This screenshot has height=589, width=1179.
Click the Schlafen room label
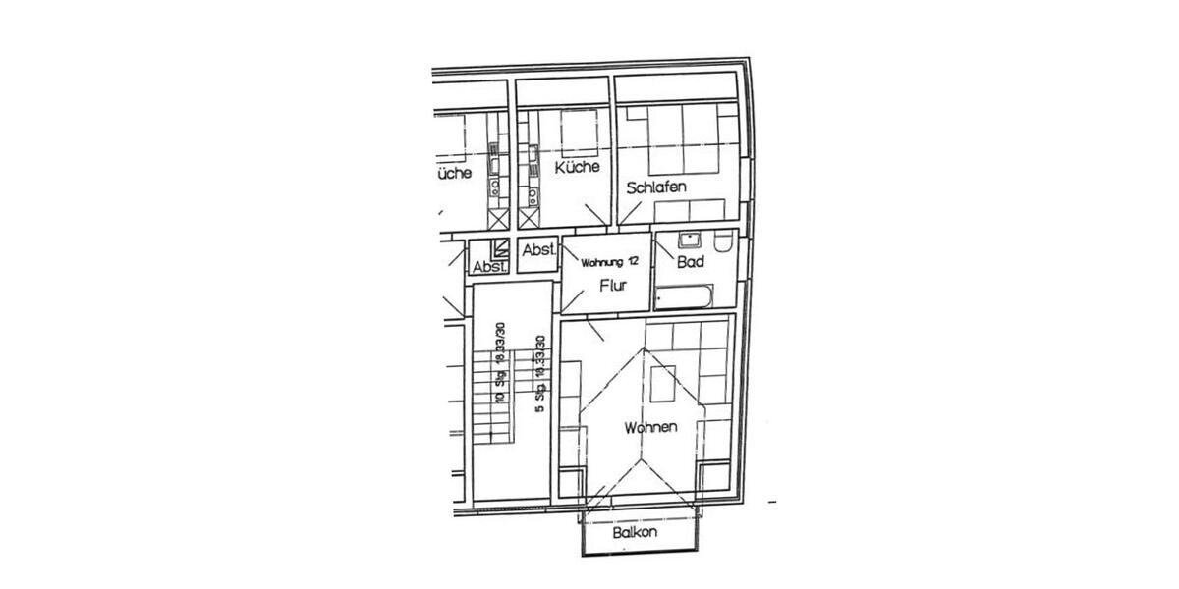click(x=655, y=187)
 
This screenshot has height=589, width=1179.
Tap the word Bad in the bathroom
click(x=690, y=262)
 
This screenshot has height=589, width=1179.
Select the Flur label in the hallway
click(x=613, y=288)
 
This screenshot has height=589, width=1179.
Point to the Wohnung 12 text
click(x=610, y=262)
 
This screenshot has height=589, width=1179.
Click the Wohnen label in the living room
click(x=649, y=428)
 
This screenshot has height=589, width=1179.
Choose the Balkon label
click(x=635, y=533)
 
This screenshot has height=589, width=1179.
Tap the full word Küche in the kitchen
click(x=577, y=168)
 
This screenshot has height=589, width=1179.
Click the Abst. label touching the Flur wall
click(x=539, y=251)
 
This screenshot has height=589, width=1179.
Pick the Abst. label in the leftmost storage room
click(x=489, y=267)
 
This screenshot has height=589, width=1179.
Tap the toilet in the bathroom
click(x=723, y=241)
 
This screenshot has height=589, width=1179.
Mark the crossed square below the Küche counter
click(x=530, y=218)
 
